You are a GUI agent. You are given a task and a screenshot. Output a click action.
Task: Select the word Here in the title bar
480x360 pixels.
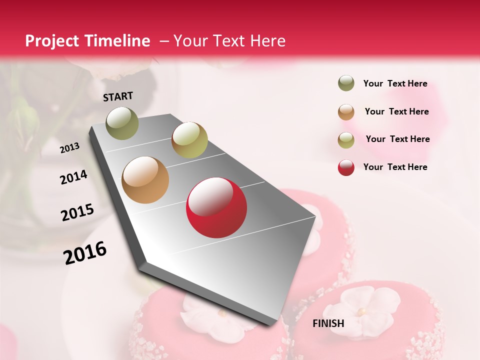pyautogui.click(x=267, y=41)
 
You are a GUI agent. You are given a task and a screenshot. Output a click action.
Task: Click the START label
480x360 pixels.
pyautogui.click(x=118, y=96)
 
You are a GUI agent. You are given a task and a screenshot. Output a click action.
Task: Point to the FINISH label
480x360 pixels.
pyautogui.click(x=328, y=323)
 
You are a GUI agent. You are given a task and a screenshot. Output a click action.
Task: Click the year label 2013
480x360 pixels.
pyautogui.click(x=70, y=148)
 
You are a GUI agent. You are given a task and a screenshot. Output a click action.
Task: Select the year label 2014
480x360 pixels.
pyautogui.click(x=73, y=177)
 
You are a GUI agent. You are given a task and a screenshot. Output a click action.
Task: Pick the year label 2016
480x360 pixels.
pyautogui.click(x=85, y=253)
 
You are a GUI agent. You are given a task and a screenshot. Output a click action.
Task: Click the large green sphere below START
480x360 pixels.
pyautogui.click(x=122, y=123)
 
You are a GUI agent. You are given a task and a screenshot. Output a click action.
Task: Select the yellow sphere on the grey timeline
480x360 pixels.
pyautogui.click(x=189, y=140)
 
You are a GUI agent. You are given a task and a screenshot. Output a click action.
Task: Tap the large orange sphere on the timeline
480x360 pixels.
pyautogui.click(x=145, y=180)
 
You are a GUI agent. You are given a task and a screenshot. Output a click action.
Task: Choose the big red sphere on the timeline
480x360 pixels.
pyautogui.click(x=216, y=207)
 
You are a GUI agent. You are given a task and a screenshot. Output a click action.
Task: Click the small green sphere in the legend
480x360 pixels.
pyautogui.click(x=346, y=83)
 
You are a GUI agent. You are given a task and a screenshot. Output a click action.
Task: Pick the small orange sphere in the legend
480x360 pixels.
pyautogui.click(x=346, y=112)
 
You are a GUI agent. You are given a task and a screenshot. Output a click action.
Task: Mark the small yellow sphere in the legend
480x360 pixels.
pyautogui.click(x=346, y=140)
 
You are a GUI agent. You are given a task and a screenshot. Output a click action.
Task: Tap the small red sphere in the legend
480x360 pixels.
pyautogui.click(x=346, y=167)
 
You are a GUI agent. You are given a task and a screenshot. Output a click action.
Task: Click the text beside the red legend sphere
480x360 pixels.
pyautogui.click(x=395, y=167)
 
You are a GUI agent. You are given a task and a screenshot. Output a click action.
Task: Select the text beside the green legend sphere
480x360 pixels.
pyautogui.click(x=395, y=83)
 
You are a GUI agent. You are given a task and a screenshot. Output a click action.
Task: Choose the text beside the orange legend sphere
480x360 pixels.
pyautogui.click(x=396, y=111)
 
